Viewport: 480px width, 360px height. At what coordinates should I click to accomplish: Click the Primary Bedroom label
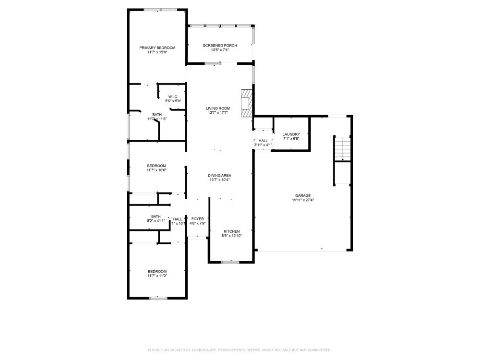[x=157, y=48]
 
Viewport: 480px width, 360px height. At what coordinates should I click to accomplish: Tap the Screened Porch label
[x=220, y=46]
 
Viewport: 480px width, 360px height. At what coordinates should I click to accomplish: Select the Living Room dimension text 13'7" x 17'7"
[x=218, y=113]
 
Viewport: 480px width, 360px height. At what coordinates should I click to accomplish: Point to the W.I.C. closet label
[x=173, y=97]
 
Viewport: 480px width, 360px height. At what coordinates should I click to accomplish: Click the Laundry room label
[x=291, y=134]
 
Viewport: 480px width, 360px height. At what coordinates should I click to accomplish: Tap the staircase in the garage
[x=342, y=148]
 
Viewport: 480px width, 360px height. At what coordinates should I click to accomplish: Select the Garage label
[x=302, y=195]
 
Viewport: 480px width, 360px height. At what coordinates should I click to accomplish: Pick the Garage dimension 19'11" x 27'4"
[x=302, y=200]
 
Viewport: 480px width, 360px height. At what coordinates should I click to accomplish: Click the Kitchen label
[x=231, y=231]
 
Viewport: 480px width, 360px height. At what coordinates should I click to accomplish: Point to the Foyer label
[x=198, y=219]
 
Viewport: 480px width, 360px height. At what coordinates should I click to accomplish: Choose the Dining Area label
[x=219, y=175]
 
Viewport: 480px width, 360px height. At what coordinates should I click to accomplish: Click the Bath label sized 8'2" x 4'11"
[x=156, y=216]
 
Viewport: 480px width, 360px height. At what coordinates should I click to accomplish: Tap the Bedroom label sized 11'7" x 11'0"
[x=157, y=271]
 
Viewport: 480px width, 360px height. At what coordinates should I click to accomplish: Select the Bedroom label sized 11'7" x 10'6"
[x=156, y=166]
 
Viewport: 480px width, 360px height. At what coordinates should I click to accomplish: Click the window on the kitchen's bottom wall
[x=230, y=262]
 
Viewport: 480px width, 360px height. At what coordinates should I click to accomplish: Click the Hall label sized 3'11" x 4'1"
[x=263, y=141]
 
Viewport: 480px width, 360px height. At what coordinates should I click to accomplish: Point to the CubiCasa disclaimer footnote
[x=240, y=350]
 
